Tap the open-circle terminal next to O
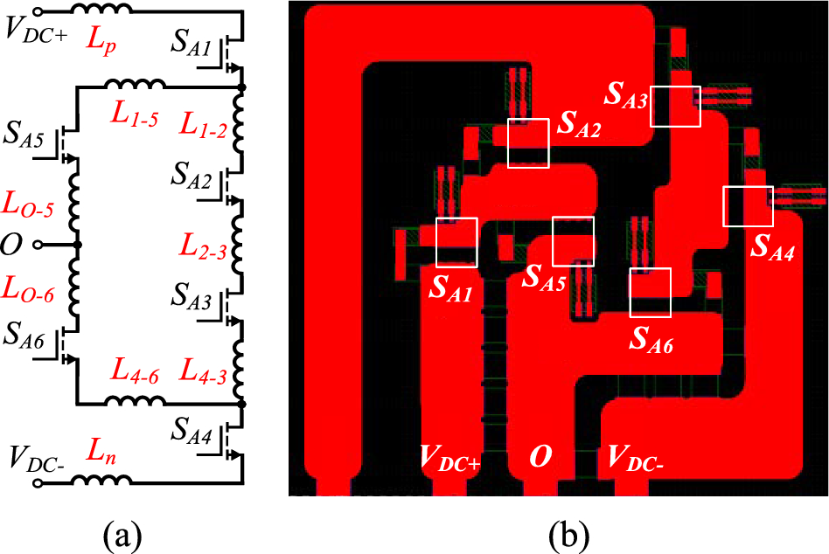tap(38, 246)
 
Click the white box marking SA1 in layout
tap(456, 242)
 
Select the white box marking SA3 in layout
tap(676, 106)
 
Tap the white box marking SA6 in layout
tap(651, 292)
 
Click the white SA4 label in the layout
tap(772, 253)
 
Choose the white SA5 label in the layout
tap(544, 279)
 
